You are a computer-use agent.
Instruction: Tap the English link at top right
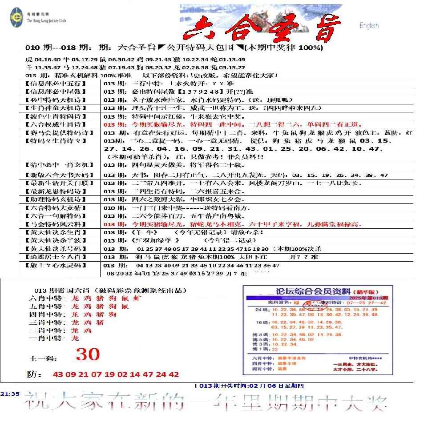[x=369, y=26]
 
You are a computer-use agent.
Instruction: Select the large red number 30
[x=88, y=354]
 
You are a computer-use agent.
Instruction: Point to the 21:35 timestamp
[x=9, y=393]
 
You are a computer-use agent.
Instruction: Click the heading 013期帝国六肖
[x=58, y=290]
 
